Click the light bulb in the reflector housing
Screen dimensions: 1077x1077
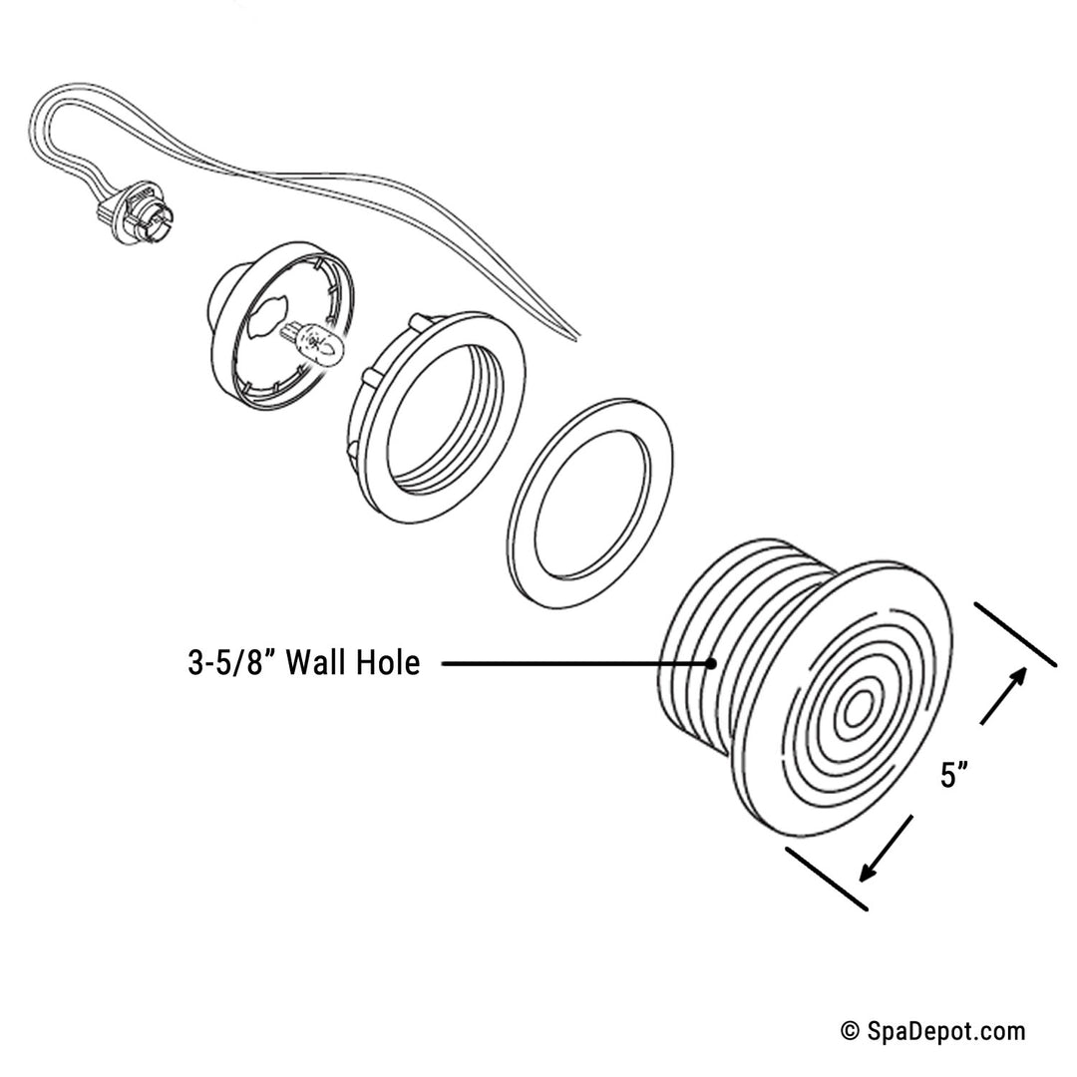tap(320, 341)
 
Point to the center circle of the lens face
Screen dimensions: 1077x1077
tap(856, 711)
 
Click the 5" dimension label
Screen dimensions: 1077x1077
tap(955, 774)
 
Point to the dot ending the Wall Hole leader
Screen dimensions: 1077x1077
tap(712, 663)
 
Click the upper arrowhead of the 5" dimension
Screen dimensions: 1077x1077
tap(1019, 677)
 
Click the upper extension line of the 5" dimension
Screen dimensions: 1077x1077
tap(1015, 634)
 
